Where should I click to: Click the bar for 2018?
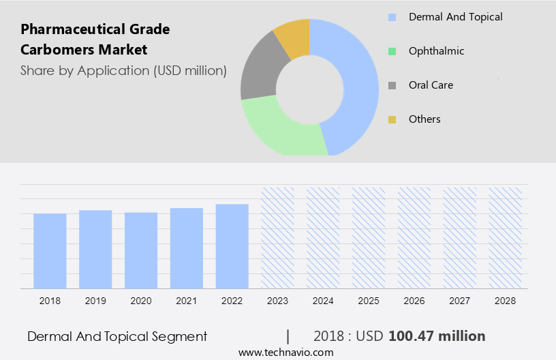(x=50, y=251)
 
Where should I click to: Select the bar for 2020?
(x=141, y=250)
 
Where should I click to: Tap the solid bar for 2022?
(x=232, y=246)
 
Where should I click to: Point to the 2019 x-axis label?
(x=95, y=301)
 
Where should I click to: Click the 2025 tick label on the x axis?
(x=369, y=301)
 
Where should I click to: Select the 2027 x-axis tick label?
(x=460, y=301)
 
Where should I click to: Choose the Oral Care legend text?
(x=431, y=85)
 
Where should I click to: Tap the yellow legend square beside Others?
(x=392, y=119)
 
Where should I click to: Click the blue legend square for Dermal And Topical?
(x=392, y=17)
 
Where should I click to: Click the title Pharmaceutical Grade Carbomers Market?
(x=95, y=40)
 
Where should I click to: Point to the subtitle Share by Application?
(x=123, y=70)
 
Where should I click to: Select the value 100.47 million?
(x=437, y=336)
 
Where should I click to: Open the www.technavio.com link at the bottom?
(x=286, y=352)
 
